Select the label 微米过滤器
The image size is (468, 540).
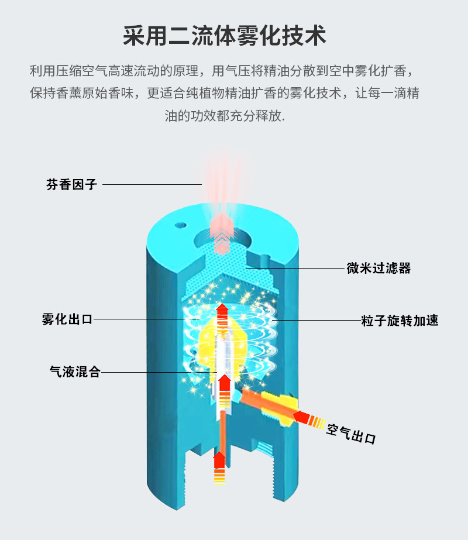pyautogui.click(x=378, y=269)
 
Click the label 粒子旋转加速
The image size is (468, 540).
pyautogui.click(x=400, y=321)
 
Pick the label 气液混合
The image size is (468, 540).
pyautogui.click(x=75, y=372)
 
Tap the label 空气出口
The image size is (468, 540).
pyautogui.click(x=351, y=434)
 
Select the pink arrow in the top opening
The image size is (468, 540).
pyautogui.click(x=222, y=234)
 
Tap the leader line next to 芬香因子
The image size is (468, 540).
pyautogui.click(x=152, y=185)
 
